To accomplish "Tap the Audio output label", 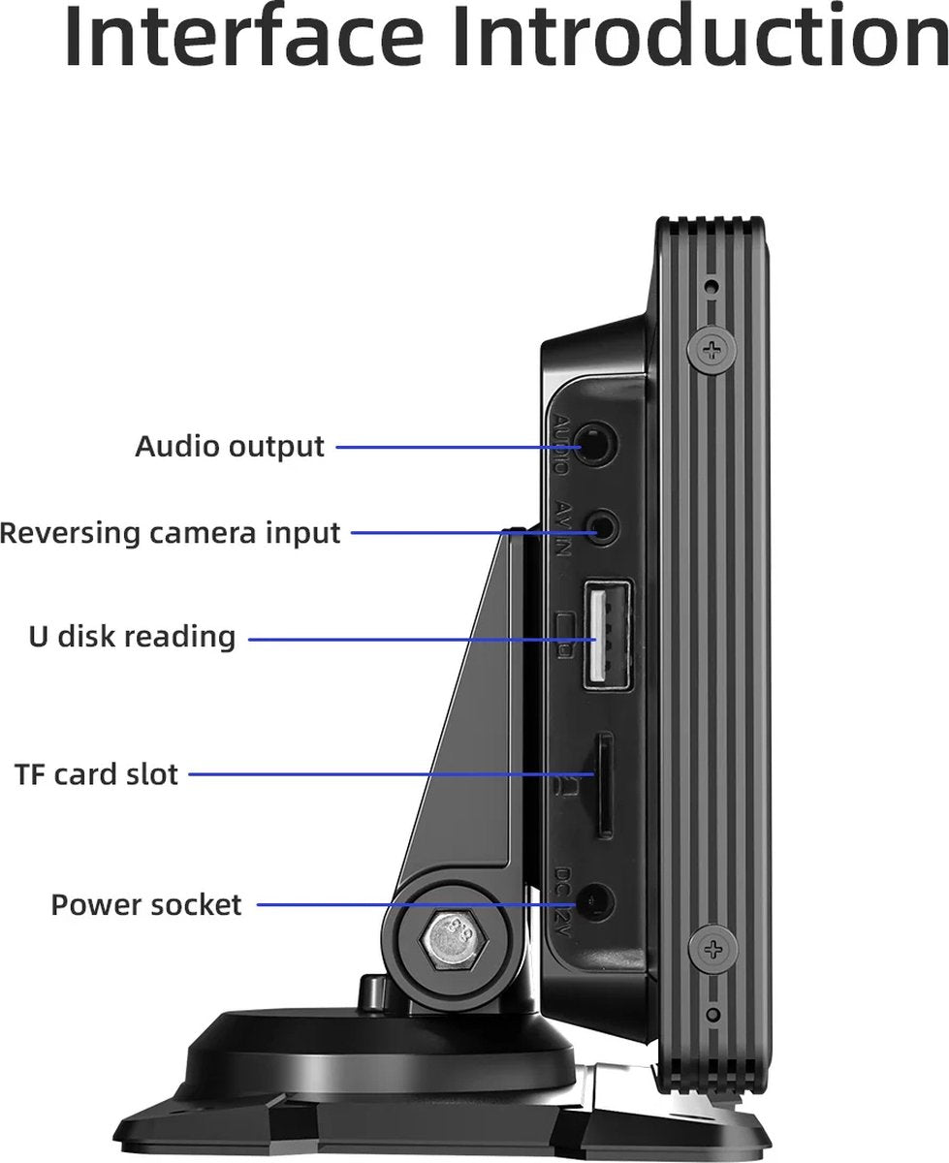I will pyautogui.click(x=229, y=447).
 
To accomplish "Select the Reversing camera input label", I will pyautogui.click(x=171, y=533).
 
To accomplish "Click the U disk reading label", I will pyautogui.click(x=132, y=637).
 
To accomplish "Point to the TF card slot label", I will pyautogui.click(x=97, y=774).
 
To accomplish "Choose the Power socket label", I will pyautogui.click(x=146, y=905).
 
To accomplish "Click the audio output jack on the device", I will pyautogui.click(x=597, y=446).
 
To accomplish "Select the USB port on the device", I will pyautogui.click(x=607, y=636).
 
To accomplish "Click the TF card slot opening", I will pyautogui.click(x=603, y=785).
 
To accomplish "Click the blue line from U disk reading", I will pyautogui.click(x=407, y=639).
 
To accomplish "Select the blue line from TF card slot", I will pyautogui.click(x=388, y=774).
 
